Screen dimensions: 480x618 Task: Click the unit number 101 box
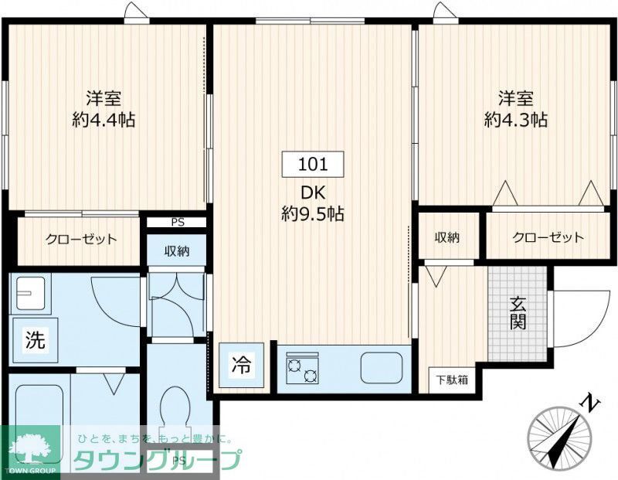[312, 164]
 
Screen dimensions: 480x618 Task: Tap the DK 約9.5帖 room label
[312, 203]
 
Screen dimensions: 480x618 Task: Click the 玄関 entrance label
[518, 311]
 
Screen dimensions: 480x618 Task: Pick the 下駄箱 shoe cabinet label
[450, 380]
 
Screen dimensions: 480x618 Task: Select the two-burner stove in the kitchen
[302, 369]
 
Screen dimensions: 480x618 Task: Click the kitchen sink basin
[382, 367]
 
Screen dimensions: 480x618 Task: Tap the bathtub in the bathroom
[39, 410]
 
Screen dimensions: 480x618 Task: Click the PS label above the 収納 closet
[178, 223]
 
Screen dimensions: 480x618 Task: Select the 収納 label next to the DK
[178, 250]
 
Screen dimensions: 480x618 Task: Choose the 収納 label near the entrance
[447, 237]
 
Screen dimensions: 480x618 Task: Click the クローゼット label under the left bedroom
[80, 239]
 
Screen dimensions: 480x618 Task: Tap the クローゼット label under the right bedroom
[548, 237]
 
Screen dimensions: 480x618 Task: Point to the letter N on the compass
[590, 403]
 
